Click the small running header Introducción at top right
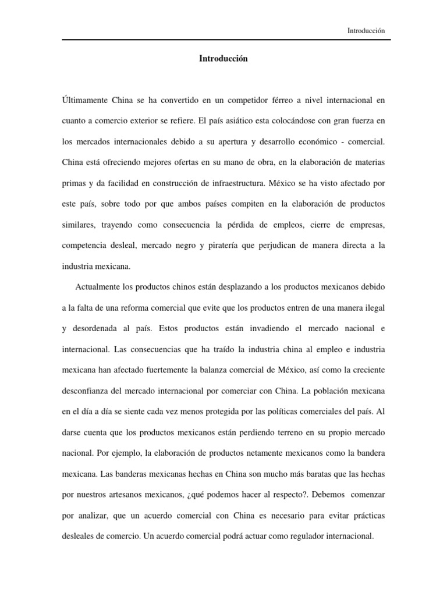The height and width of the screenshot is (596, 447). click(366, 31)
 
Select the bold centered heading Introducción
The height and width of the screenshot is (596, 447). click(223, 59)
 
